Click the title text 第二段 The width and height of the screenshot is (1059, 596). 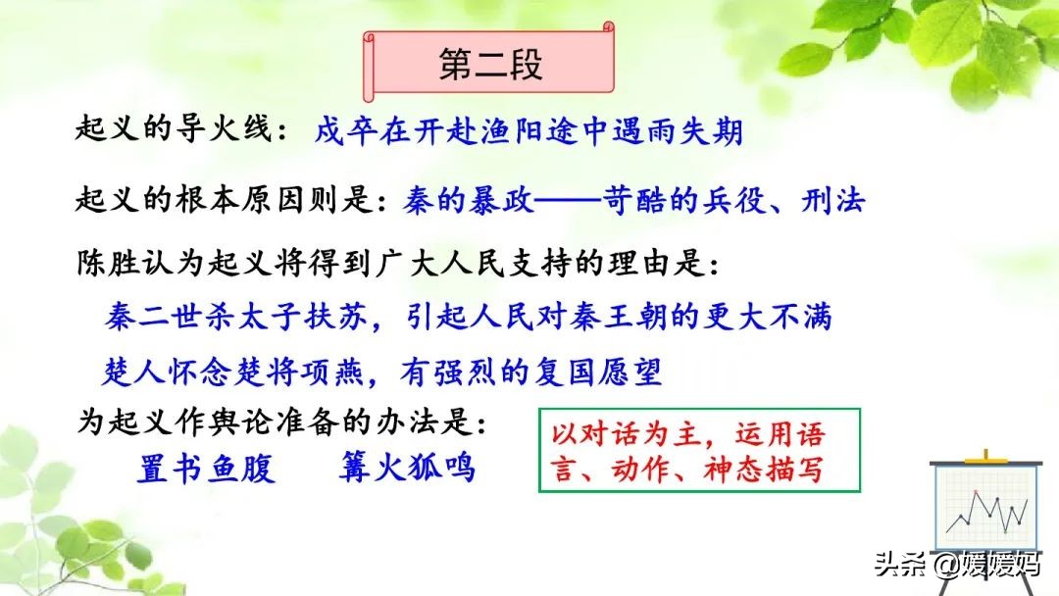coord(490,65)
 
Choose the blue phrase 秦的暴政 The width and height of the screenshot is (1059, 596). coord(469,201)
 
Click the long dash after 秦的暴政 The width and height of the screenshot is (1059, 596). coord(568,201)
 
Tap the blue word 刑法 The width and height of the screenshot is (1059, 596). coord(832,201)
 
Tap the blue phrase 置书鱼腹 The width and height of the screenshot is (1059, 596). coord(206,468)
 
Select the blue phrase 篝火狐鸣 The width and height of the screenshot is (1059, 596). coord(407,467)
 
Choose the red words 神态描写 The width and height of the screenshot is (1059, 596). coord(765,469)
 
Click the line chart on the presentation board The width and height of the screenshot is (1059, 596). coord(986,513)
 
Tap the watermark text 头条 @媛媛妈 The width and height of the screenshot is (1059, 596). coord(958,564)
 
